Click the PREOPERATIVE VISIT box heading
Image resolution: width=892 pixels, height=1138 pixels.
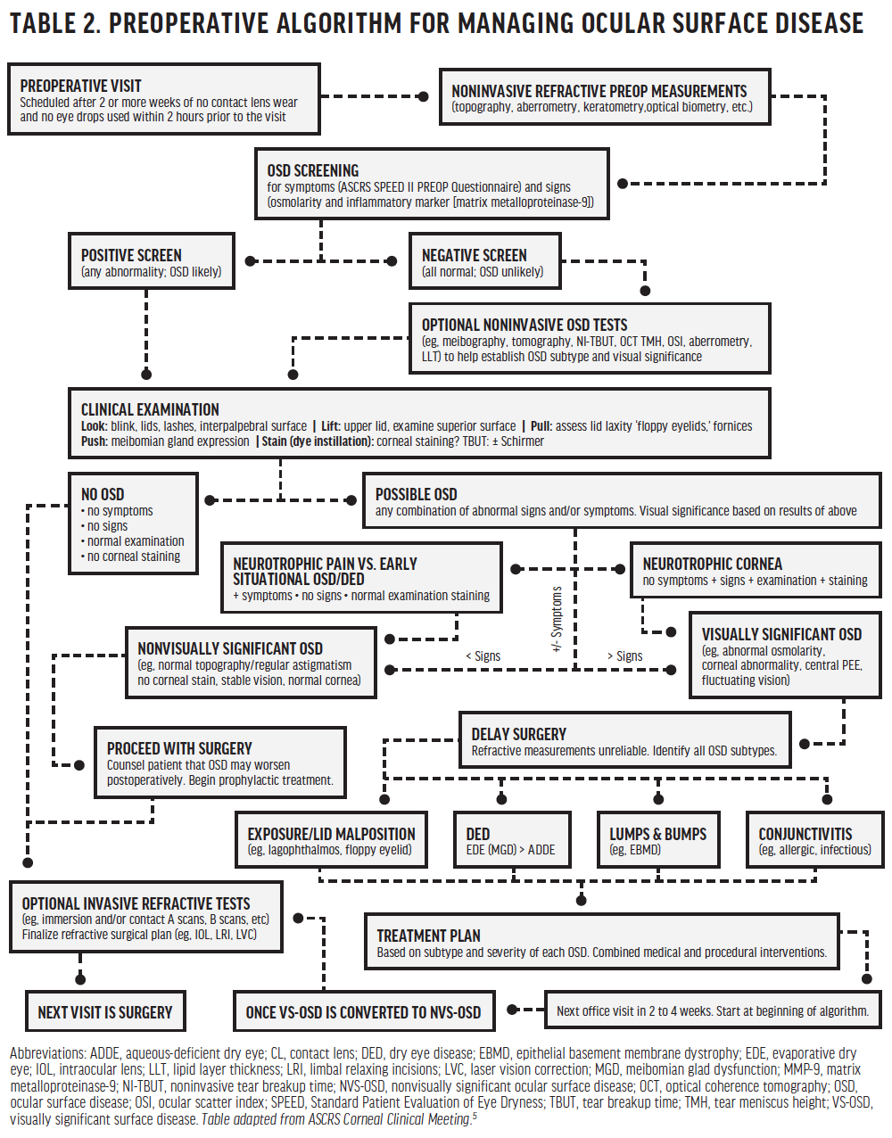[x=80, y=86]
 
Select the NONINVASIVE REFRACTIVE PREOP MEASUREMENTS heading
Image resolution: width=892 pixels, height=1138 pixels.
[x=599, y=91]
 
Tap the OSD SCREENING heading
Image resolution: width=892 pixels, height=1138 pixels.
[x=313, y=170]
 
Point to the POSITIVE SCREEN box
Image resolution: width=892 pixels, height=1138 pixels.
[x=152, y=262]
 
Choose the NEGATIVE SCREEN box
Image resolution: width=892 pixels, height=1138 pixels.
[x=484, y=262]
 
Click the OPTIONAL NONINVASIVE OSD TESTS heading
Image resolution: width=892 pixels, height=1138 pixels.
[x=524, y=325]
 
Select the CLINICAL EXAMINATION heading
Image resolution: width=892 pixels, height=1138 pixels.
[x=150, y=409]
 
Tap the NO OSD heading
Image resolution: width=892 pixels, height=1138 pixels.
[x=103, y=494]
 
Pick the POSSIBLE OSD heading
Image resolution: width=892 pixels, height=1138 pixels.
[x=416, y=494]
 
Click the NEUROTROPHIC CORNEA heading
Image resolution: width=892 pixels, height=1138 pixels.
[x=712, y=564]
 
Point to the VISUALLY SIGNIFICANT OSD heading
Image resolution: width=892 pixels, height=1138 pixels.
[x=781, y=634]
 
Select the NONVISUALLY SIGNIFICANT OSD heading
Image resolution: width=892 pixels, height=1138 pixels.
[x=230, y=648]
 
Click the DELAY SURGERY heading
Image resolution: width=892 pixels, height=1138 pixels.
[x=518, y=734]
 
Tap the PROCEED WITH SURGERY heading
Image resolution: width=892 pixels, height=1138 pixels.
[x=179, y=748]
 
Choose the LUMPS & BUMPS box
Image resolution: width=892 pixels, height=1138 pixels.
[x=657, y=840]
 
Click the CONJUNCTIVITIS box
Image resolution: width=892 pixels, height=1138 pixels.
[x=814, y=840]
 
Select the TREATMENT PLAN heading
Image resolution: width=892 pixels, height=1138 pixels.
[x=428, y=936]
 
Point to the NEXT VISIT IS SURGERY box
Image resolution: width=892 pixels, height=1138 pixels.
[x=105, y=1012]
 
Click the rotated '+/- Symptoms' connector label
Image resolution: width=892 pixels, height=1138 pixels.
[x=557, y=619]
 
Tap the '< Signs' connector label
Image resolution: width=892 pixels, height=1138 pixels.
[x=483, y=656]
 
